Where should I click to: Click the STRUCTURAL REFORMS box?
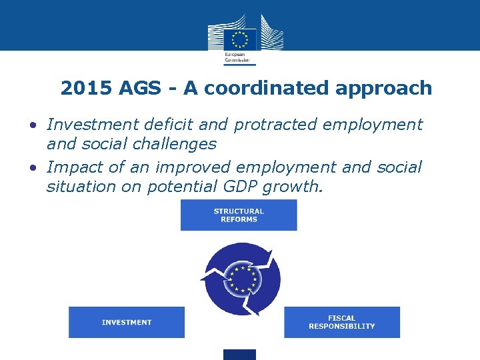[x=239, y=215]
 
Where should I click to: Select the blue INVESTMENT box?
[x=127, y=322]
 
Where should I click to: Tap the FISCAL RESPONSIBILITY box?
[x=341, y=322]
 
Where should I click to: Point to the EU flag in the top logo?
[x=239, y=39]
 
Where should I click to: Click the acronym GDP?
[x=237, y=186]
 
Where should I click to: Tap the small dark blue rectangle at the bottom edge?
[x=239, y=355]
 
